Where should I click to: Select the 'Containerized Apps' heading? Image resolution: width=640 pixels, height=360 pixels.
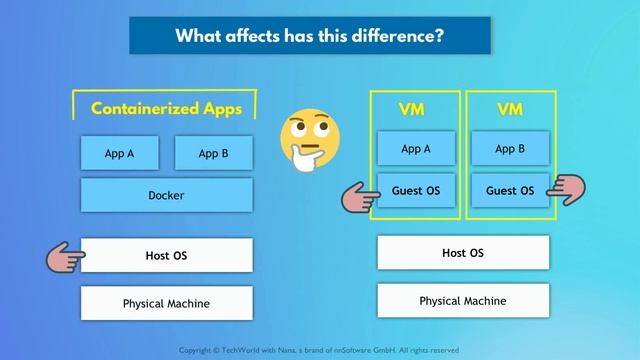coord(166,108)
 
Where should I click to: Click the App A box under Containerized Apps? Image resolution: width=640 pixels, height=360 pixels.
coord(119,153)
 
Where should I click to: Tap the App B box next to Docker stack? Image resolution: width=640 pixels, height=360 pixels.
coord(213,153)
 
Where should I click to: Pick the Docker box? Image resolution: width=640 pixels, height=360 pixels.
coord(166,195)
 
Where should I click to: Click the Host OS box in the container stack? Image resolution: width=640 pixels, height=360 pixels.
coord(166,255)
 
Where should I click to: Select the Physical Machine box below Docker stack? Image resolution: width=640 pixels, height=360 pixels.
coord(166,303)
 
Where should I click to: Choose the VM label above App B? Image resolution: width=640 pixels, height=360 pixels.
coord(510,108)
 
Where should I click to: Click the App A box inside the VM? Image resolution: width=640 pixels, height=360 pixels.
coord(415,149)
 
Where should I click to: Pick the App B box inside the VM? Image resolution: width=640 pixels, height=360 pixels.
coord(510,149)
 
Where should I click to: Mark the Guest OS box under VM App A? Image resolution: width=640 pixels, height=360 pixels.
coord(415,190)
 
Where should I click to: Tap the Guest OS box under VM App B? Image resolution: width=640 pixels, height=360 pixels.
coord(510,190)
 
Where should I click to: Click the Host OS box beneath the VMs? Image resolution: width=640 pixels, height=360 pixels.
coord(463,253)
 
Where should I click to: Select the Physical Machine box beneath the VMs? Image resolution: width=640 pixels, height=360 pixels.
coord(463,300)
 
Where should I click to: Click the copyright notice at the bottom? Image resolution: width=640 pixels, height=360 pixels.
coord(318,350)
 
